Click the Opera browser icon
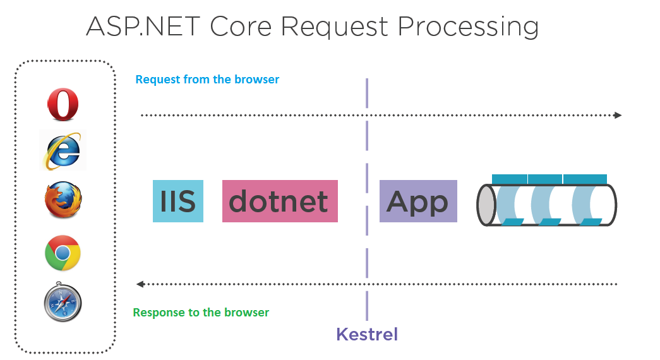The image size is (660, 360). coord(63,104)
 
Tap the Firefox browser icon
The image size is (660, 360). coord(63,201)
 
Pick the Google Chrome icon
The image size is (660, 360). coord(63,253)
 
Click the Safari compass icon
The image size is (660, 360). coord(63,303)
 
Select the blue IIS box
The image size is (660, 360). coord(178,201)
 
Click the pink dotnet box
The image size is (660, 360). coord(280,201)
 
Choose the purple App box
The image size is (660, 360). coord(418,201)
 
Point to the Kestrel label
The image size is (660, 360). coord(367,334)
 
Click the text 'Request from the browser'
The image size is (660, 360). coord(207,80)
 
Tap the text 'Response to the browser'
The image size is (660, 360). coord(201,313)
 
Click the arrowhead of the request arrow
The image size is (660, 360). coord(618,116)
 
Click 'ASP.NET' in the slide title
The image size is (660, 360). coord(142,27)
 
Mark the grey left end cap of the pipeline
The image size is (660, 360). coord(486,205)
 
